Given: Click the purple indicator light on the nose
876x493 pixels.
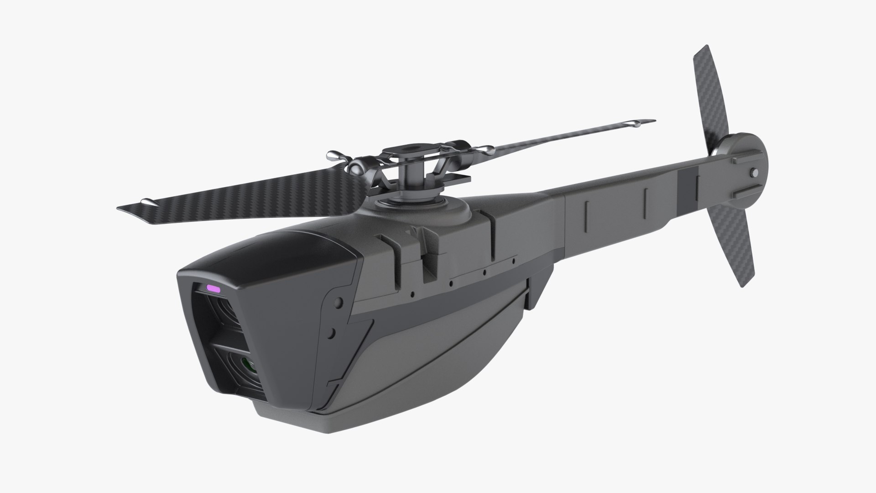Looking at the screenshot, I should click(x=214, y=288).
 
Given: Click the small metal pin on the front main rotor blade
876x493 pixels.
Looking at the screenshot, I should click(x=147, y=201).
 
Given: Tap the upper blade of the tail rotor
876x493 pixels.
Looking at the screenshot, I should click(x=708, y=91).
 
